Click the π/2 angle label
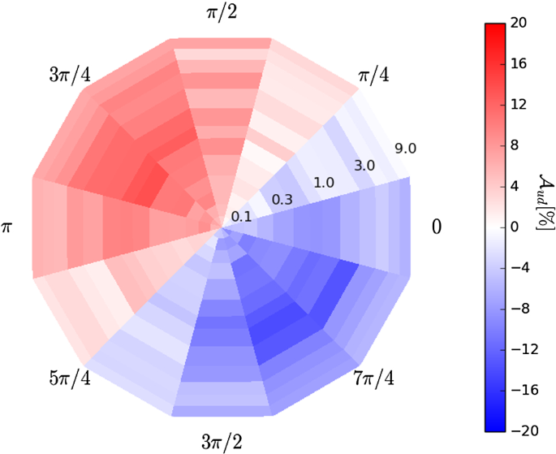(222, 12)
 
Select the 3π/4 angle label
(70, 76)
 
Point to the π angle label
(8, 227)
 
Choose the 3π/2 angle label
(222, 441)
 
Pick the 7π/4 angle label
(374, 378)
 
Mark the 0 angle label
(436, 227)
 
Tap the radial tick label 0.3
(282, 199)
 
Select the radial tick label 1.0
(324, 182)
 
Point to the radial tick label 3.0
(364, 165)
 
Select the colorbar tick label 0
(515, 227)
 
